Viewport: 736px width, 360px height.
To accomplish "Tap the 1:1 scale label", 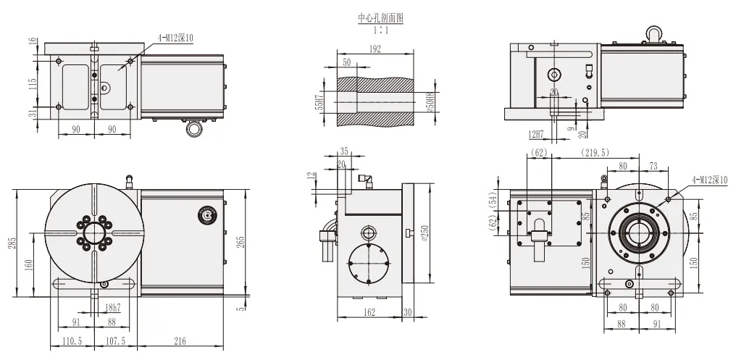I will (x=380, y=30).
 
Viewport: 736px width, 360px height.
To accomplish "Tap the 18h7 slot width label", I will (x=110, y=308).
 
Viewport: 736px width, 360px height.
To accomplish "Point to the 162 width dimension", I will (x=370, y=312).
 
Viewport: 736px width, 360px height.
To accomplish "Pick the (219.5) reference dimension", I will (x=594, y=153).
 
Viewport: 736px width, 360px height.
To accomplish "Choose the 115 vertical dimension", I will (x=33, y=84).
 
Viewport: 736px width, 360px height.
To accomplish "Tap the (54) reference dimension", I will (x=494, y=201).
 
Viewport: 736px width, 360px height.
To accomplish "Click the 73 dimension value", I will (x=653, y=166).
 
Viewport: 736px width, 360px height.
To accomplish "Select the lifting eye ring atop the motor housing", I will (x=653, y=33).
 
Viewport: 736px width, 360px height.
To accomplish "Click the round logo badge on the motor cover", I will (x=204, y=214).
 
